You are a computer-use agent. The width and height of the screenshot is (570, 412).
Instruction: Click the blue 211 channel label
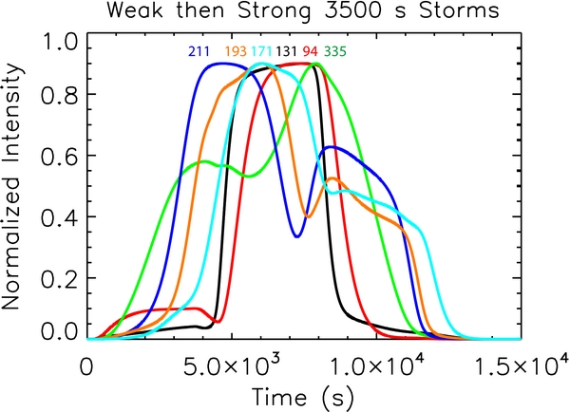(x=198, y=51)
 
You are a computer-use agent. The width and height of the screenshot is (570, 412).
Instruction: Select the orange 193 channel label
(x=236, y=51)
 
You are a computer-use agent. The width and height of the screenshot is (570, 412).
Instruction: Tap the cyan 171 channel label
(x=260, y=51)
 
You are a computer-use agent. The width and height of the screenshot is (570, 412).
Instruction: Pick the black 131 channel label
(x=286, y=51)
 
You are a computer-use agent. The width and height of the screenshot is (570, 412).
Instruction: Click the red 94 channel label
(x=310, y=51)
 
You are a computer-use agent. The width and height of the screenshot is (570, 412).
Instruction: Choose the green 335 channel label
(x=334, y=51)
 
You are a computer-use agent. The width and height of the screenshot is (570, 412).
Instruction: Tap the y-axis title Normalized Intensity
(x=19, y=190)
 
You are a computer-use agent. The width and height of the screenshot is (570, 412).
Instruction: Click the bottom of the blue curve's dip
(x=297, y=235)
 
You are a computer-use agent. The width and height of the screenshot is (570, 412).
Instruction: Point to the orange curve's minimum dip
(x=306, y=215)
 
